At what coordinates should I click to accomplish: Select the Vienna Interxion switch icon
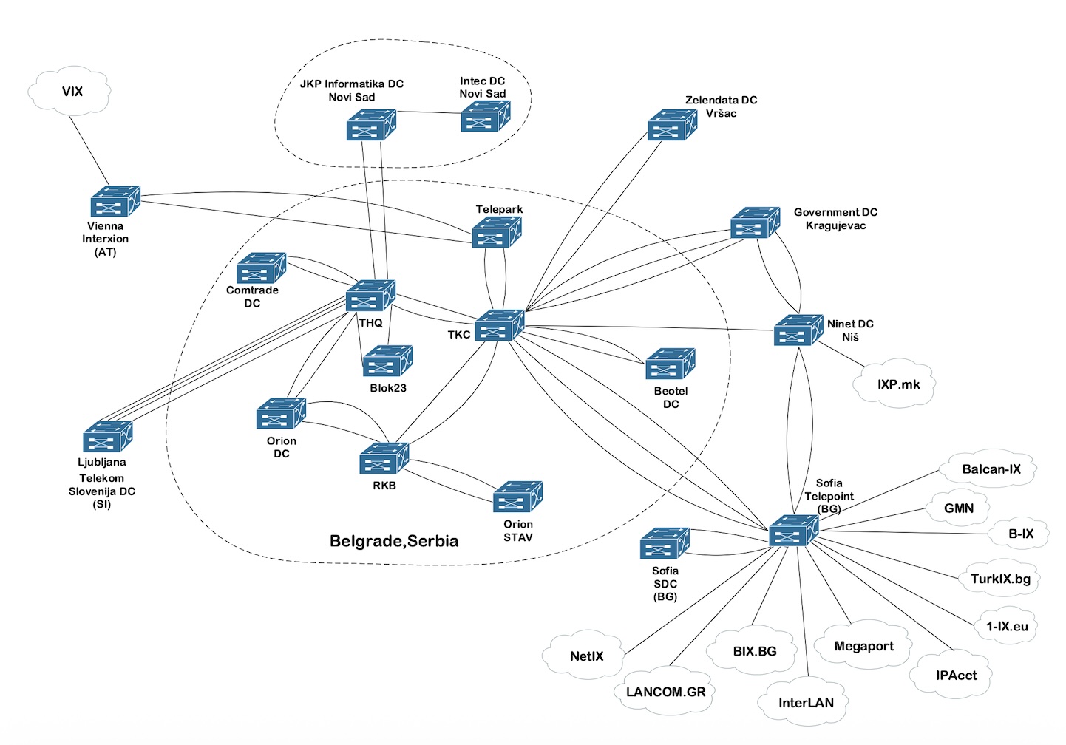click(x=115, y=202)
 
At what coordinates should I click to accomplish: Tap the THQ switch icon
click(x=370, y=296)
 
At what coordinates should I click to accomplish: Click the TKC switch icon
click(x=499, y=325)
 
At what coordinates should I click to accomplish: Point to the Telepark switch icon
click(x=496, y=233)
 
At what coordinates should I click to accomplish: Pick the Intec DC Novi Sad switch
click(x=485, y=117)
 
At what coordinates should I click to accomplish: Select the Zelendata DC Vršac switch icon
click(x=672, y=125)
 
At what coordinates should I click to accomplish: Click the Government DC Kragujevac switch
click(x=755, y=222)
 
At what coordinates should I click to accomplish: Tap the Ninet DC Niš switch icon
click(x=798, y=330)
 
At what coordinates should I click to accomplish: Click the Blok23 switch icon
click(x=387, y=361)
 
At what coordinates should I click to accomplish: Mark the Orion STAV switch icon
click(x=517, y=497)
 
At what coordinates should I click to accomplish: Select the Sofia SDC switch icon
click(x=665, y=544)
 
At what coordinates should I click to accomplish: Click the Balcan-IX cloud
click(x=990, y=469)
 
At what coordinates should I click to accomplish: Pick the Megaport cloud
click(x=863, y=647)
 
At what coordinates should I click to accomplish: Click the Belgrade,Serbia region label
click(x=393, y=541)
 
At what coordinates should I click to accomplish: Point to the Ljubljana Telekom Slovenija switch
click(x=108, y=437)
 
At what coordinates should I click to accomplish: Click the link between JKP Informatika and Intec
click(x=429, y=112)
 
